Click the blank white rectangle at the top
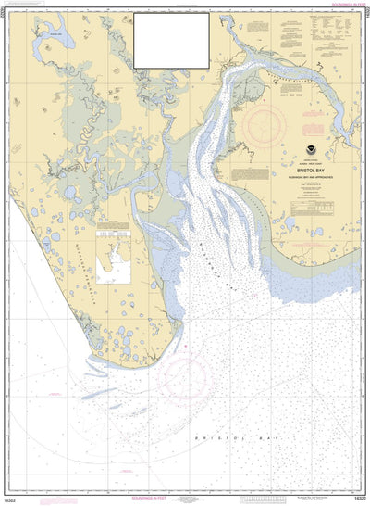tap(171, 40)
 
